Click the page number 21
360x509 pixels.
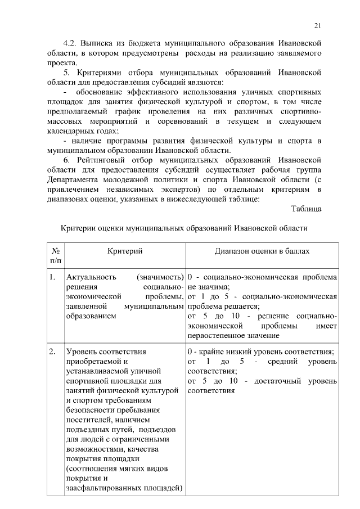(x=317, y=25)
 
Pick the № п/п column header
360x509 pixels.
(x=56, y=256)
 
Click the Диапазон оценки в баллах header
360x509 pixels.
(x=262, y=251)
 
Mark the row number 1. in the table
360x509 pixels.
(x=52, y=277)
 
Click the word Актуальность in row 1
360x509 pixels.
(x=91, y=277)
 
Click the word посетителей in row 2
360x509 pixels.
(x=89, y=419)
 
